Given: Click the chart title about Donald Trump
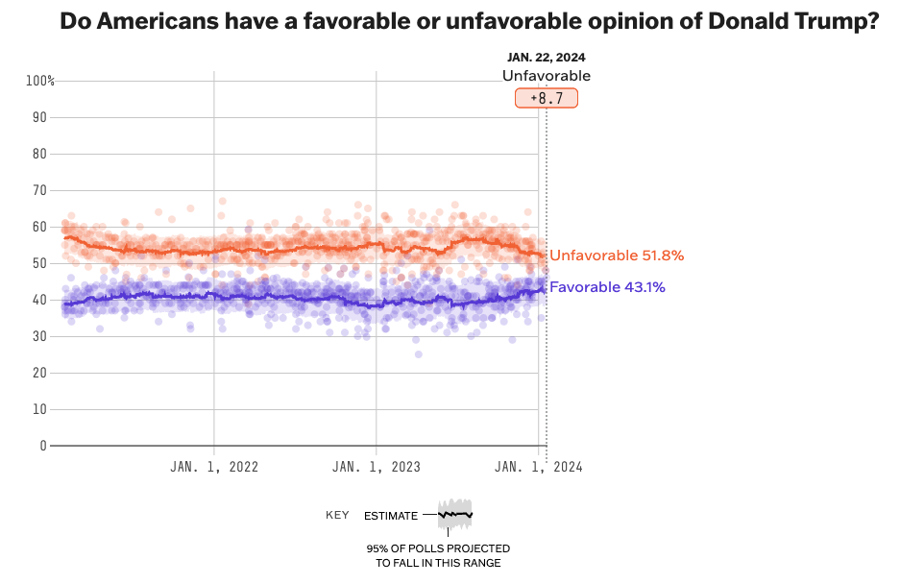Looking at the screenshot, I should [x=469, y=21].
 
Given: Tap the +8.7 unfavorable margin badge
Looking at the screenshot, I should [x=547, y=98].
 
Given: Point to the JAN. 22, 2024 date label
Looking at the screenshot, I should [x=546, y=57].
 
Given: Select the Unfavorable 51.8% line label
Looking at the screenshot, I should [x=616, y=255].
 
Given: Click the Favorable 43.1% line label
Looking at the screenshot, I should [x=607, y=286].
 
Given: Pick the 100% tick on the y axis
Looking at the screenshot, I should [x=40, y=81].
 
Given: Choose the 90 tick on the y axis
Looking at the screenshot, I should [x=40, y=117].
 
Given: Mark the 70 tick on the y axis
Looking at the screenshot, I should [x=40, y=190].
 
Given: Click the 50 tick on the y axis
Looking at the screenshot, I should [x=40, y=263].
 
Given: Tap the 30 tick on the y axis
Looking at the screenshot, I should [x=40, y=336].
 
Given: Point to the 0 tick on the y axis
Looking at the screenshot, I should [x=43, y=446].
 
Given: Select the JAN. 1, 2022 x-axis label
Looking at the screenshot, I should [x=214, y=467].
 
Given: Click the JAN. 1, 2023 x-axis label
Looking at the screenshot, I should [x=377, y=467].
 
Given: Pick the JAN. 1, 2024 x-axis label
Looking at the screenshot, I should [x=538, y=467].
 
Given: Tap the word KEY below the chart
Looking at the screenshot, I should [x=337, y=516].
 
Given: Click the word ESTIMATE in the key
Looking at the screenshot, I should [x=391, y=516].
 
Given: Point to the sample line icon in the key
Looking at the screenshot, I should [x=455, y=515].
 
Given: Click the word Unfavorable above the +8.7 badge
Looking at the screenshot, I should [x=547, y=76].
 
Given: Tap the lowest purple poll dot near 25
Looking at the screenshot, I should [x=418, y=354].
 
